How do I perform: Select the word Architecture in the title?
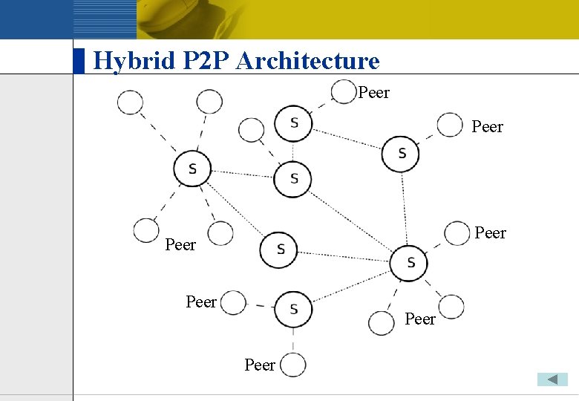click(x=307, y=61)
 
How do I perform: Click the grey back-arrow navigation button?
click(x=552, y=379)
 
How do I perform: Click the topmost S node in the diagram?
click(x=293, y=123)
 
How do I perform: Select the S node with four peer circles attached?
click(x=192, y=169)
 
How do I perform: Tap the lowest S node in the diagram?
click(x=293, y=308)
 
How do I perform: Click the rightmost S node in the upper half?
click(x=401, y=153)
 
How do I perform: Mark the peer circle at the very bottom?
click(x=293, y=364)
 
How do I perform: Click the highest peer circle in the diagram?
click(x=343, y=92)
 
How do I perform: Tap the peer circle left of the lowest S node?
click(x=233, y=303)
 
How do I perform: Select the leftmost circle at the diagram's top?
click(x=130, y=102)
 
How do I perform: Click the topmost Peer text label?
click(x=373, y=93)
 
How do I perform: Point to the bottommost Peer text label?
click(x=260, y=365)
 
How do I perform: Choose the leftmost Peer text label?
click(x=180, y=244)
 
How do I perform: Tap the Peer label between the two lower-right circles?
click(x=420, y=319)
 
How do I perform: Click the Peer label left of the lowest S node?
click(x=201, y=301)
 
